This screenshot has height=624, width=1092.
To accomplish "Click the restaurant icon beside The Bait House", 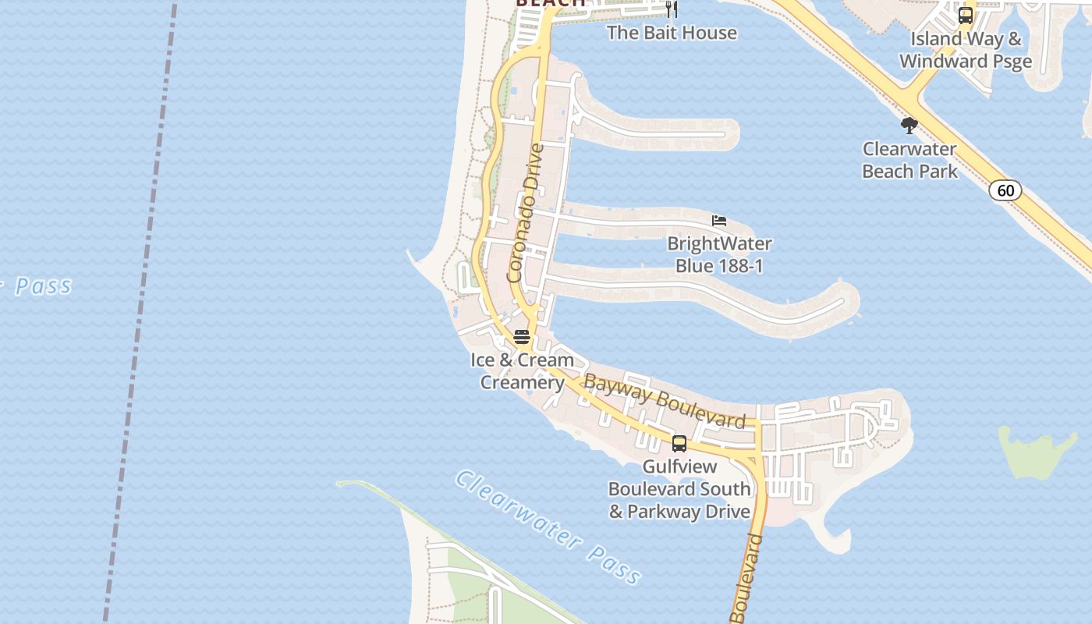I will pos(672,9).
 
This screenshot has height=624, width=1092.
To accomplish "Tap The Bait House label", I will pos(672,33).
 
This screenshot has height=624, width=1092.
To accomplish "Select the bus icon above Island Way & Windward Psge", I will pos(966,15).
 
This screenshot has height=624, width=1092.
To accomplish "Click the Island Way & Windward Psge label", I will pos(966,50).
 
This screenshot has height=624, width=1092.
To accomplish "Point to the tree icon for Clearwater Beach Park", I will pos(909,125).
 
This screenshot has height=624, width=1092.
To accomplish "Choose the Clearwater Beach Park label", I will pos(909,160).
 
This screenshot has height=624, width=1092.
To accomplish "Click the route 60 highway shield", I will pos(1006,190).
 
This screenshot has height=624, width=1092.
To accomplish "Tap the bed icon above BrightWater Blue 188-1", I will pos(719,221).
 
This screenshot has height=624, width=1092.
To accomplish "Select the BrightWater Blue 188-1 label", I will pos(719,255).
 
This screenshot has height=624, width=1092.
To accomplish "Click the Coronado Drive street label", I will pos(524,212).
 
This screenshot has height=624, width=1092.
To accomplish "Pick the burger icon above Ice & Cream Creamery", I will pos(522,338).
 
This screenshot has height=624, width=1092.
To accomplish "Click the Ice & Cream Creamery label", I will pos(523,371).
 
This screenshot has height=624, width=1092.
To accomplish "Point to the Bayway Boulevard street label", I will pos(665,401).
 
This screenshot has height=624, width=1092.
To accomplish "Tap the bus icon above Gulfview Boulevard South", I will pos(679,444).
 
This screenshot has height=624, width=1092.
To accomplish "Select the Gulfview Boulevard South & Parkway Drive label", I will pos(679,489).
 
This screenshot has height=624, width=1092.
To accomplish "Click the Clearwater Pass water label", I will pos(549,527).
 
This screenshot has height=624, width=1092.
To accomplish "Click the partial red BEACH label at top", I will pos(551,3).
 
